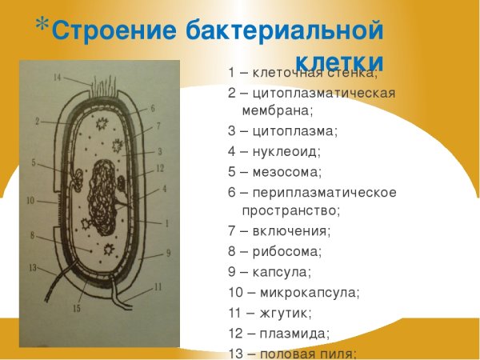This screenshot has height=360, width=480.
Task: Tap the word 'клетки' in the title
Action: tap(339, 62)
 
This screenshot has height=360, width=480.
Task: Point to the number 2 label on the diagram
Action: tap(37, 122)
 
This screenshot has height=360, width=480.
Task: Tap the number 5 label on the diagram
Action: tap(34, 162)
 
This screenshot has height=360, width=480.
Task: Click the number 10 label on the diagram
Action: tap(30, 200)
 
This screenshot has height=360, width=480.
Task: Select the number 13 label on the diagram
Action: tap(33, 266)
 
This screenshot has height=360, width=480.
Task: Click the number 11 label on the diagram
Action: tap(157, 286)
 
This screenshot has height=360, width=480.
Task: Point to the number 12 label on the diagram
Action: tap(160, 167)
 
